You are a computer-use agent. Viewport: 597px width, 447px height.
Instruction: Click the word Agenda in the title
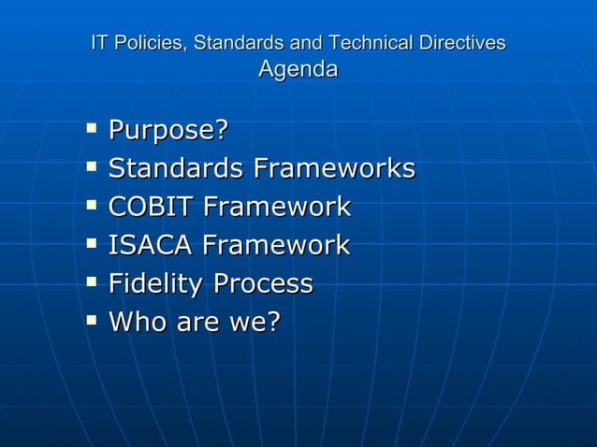[298, 69]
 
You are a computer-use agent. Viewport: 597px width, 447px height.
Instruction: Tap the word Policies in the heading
[148, 43]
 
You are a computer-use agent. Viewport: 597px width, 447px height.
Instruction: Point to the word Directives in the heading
[462, 43]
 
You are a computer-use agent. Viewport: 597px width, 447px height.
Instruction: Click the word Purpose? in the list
[168, 131]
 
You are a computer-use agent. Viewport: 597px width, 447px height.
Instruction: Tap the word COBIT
[151, 207]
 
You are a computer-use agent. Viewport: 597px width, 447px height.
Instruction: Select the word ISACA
[151, 245]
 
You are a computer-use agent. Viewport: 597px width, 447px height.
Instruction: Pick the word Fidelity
[156, 283]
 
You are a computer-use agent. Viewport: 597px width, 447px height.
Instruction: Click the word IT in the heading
[98, 43]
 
